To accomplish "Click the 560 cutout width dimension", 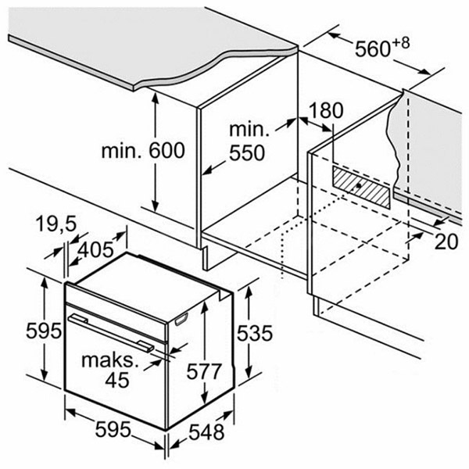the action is (x=373, y=48).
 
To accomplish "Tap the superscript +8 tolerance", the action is (x=400, y=43).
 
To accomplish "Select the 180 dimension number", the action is (x=326, y=110).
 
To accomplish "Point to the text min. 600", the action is (x=143, y=150).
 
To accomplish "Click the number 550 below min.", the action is (x=247, y=153).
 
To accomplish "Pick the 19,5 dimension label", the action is (x=56, y=224).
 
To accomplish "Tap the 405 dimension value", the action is (x=95, y=250).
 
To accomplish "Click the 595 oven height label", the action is (x=44, y=331).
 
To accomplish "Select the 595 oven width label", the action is (x=113, y=429).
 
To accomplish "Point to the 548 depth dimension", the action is (x=206, y=432).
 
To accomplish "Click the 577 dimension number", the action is (x=204, y=371).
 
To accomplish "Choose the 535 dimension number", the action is (x=255, y=333).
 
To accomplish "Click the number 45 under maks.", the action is (x=117, y=380).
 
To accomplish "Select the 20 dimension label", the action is (x=446, y=242).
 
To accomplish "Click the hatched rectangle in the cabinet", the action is (x=361, y=188).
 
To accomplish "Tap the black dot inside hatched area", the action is (x=359, y=186).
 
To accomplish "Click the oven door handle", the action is (x=111, y=333).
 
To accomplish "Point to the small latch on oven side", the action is (x=181, y=319).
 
